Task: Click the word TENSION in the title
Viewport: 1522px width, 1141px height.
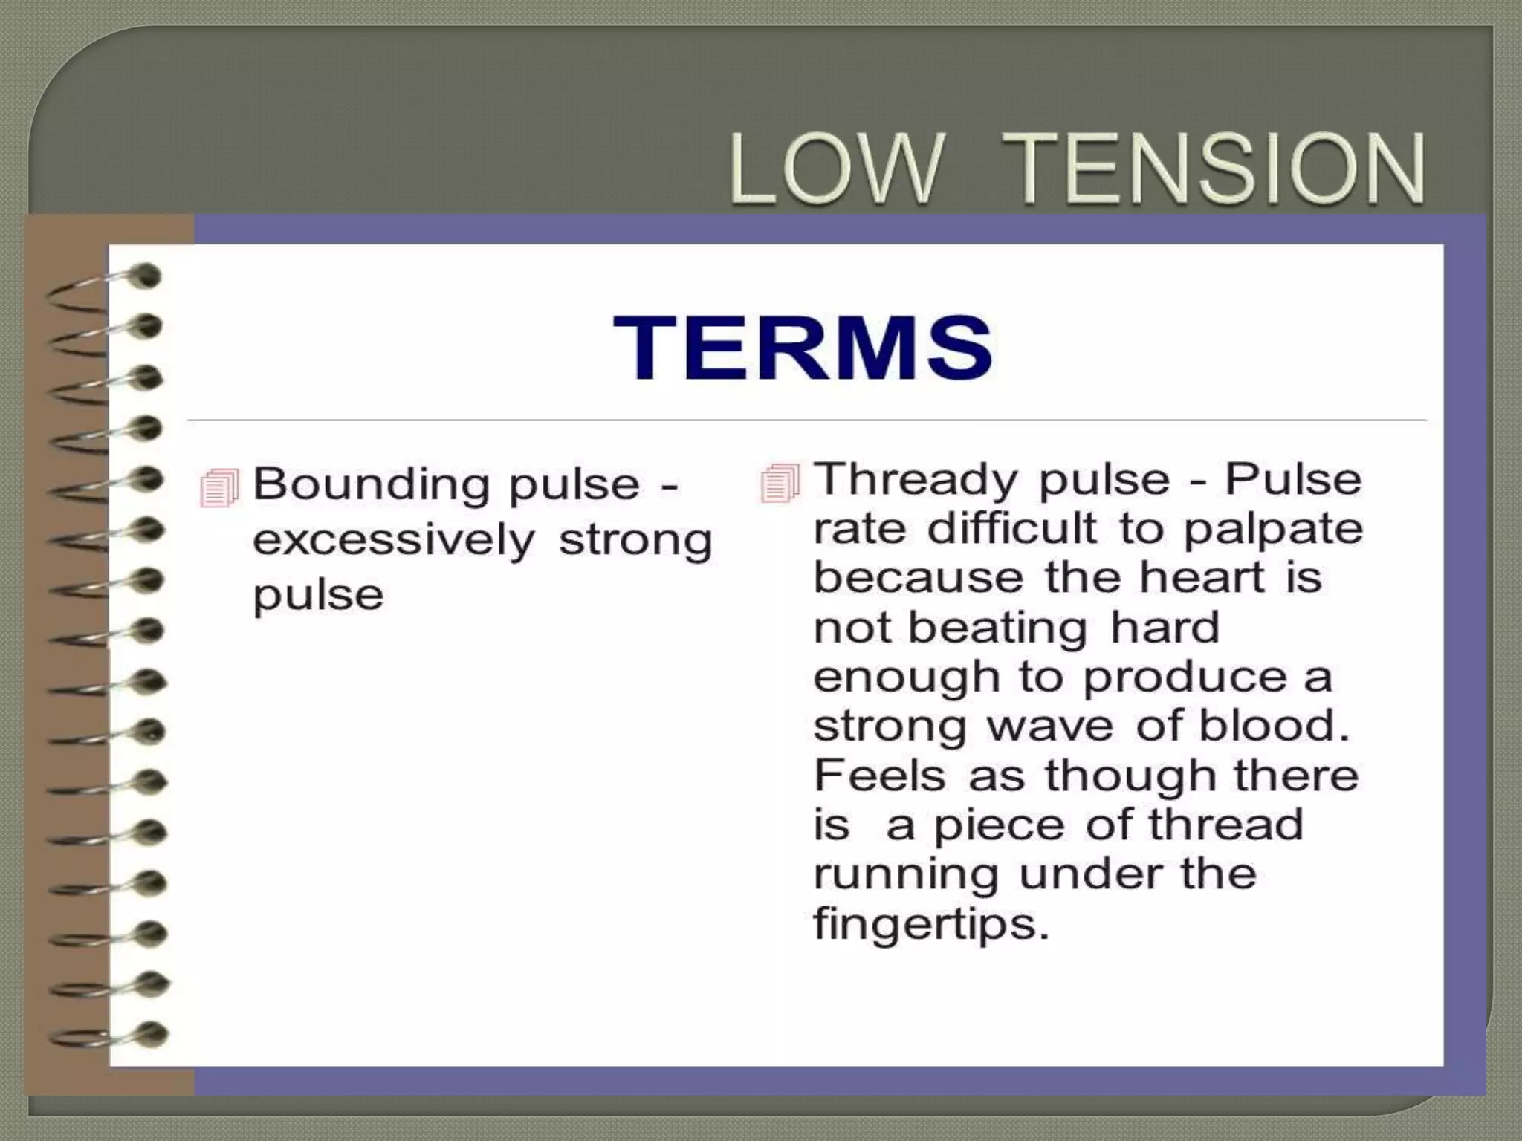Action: (x=1220, y=169)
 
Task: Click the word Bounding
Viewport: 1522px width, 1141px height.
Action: (x=371, y=485)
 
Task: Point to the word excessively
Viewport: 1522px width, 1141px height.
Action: (x=394, y=540)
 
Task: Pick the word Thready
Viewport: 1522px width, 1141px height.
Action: (x=916, y=479)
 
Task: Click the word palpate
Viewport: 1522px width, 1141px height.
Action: (x=1272, y=530)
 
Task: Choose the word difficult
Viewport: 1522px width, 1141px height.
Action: (x=1011, y=528)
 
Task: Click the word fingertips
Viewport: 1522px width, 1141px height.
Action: (x=931, y=926)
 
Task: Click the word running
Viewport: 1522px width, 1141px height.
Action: (x=906, y=876)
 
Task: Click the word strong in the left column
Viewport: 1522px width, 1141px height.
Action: (x=635, y=540)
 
